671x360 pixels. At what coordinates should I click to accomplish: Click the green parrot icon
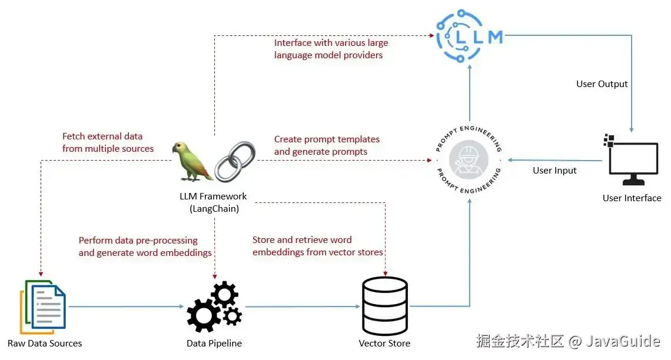[192, 161]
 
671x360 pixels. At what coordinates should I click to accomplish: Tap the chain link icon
[235, 161]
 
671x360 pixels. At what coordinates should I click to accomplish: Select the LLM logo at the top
[470, 36]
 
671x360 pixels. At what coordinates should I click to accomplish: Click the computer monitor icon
[632, 162]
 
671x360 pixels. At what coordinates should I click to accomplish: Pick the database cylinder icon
[384, 306]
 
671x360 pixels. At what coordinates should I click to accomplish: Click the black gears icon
[214, 307]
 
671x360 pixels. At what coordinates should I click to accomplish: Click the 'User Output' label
[602, 84]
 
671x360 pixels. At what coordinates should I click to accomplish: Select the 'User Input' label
[554, 171]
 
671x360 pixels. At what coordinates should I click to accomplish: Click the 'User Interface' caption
[632, 198]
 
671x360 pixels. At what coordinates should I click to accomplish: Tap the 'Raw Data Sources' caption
[45, 344]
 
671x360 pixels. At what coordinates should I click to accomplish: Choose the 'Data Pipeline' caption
[214, 344]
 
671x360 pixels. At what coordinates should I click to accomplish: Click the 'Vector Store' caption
[384, 344]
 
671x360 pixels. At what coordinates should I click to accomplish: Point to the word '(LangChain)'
[214, 208]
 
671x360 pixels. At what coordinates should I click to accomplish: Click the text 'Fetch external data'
[102, 136]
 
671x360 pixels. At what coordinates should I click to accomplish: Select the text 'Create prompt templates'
[327, 139]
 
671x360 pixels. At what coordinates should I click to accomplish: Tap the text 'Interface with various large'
[331, 43]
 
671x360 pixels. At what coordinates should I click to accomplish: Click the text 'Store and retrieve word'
[302, 240]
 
